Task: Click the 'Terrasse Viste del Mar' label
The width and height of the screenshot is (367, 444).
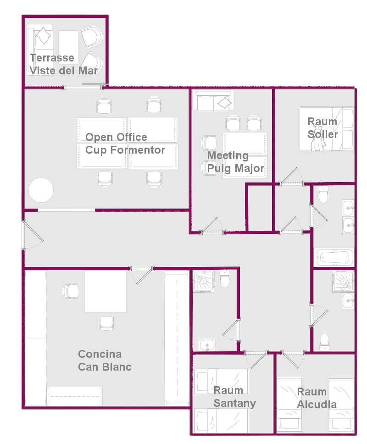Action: (64, 64)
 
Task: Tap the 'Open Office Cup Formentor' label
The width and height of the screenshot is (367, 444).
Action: (125, 144)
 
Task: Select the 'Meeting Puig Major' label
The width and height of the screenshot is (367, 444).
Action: (236, 162)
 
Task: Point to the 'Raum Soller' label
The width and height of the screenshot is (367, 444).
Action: (323, 128)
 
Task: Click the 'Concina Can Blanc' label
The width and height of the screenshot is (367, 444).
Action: (105, 360)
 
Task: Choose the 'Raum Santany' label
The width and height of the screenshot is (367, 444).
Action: (234, 396)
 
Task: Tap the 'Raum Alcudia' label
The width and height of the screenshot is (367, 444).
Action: (317, 398)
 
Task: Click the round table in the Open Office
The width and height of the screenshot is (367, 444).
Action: (41, 190)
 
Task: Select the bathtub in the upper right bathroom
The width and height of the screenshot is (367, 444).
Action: (335, 257)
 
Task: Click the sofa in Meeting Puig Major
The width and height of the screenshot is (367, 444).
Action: (213, 101)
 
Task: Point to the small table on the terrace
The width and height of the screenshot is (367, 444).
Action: (68, 47)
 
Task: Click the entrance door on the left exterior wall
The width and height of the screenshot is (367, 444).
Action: (32, 235)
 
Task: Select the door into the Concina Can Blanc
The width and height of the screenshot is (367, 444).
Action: (142, 275)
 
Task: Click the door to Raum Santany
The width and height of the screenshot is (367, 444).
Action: (256, 359)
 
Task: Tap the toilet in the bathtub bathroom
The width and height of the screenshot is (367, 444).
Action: (323, 194)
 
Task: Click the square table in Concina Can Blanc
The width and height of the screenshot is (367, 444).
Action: (106, 291)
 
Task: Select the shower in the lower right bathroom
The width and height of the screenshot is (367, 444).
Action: (343, 281)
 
